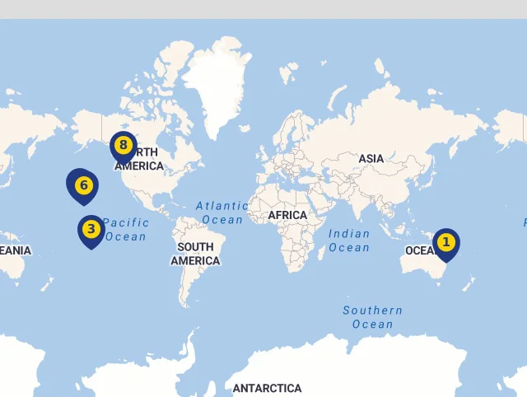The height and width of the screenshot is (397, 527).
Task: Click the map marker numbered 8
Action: pyautogui.click(x=124, y=147)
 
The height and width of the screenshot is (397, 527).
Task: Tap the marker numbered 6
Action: pyautogui.click(x=82, y=186)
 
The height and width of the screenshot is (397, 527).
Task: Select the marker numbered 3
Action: pyautogui.click(x=91, y=230)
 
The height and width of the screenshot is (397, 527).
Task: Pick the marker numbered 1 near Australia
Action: pyautogui.click(x=446, y=243)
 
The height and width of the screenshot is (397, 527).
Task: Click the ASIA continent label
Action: pyautogui.click(x=371, y=158)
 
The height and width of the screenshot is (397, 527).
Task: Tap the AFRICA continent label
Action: pyautogui.click(x=287, y=215)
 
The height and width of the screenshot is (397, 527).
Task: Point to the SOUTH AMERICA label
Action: pyautogui.click(x=195, y=254)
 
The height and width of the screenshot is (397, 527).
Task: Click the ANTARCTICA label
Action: pyautogui.click(x=267, y=388)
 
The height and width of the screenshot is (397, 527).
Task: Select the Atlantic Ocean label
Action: pyautogui.click(x=222, y=213)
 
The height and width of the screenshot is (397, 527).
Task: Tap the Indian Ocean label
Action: pyautogui.click(x=349, y=241)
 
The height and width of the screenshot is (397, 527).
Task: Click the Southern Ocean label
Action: pyautogui.click(x=373, y=317)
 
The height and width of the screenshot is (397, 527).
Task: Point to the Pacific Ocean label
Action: pyautogui.click(x=126, y=229)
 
